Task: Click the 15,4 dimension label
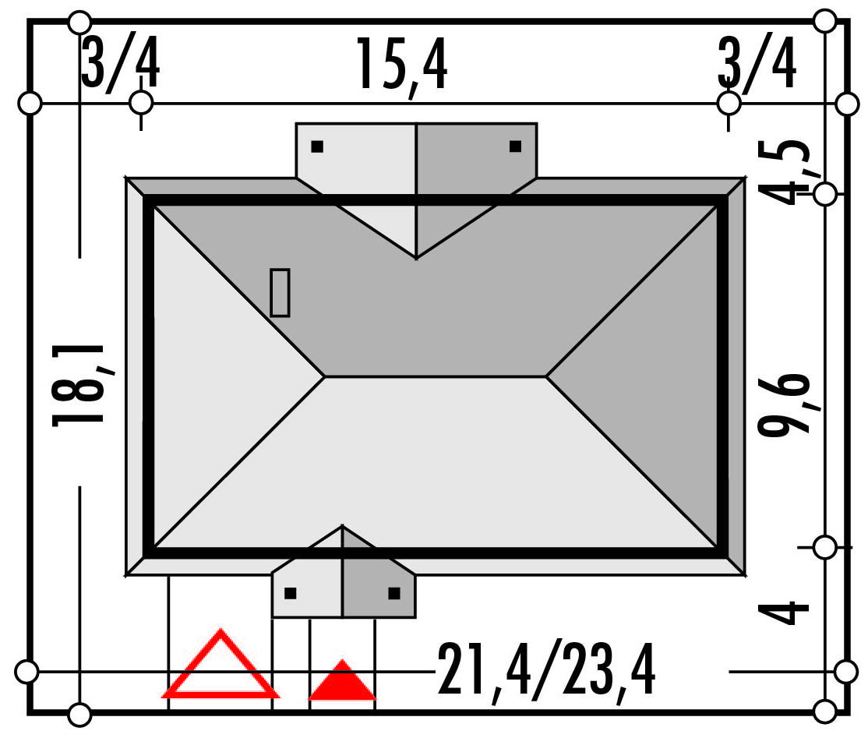[x=401, y=66]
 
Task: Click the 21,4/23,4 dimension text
[x=547, y=669]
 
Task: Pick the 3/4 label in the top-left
[x=121, y=63]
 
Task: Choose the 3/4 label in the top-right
[x=757, y=63]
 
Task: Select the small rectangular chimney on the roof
[x=280, y=293]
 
